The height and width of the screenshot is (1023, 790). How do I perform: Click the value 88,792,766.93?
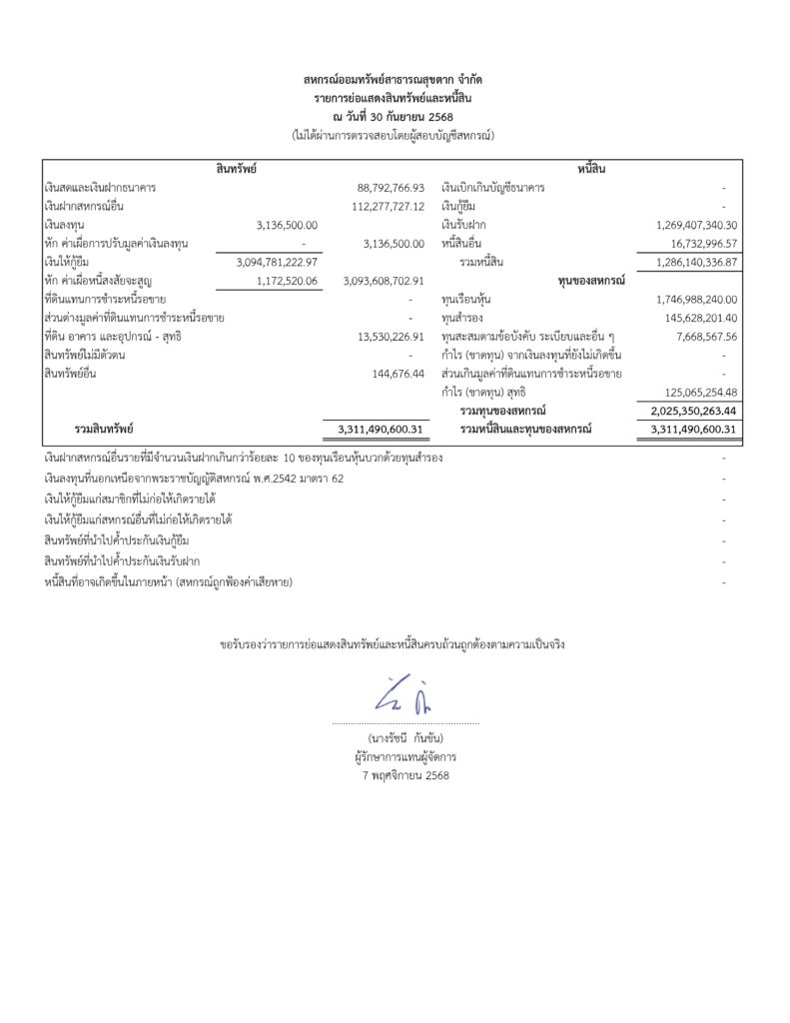[391, 188]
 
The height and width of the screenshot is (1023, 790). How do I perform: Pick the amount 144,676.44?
[397, 374]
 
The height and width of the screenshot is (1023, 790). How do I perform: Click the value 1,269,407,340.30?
[696, 225]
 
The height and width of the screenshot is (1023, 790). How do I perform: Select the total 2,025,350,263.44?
[690, 411]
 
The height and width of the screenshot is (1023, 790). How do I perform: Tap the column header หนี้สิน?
[591, 168]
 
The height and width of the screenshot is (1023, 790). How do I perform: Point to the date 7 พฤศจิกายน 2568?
[404, 774]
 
